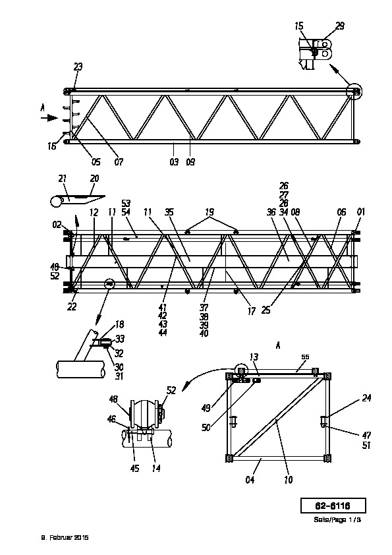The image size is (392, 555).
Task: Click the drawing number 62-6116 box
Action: tap(333, 506)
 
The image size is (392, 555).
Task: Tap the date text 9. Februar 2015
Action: tap(65, 537)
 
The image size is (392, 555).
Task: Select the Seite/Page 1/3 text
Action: tap(337, 519)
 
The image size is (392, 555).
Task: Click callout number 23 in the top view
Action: tap(78, 67)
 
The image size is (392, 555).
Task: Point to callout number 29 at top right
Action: tap(340, 26)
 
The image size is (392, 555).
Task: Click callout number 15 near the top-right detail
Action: tap(299, 26)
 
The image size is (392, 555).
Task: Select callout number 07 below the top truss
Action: tap(119, 161)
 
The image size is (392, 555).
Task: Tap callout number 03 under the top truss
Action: tap(174, 161)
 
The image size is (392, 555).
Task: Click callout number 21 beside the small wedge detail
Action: tap(63, 179)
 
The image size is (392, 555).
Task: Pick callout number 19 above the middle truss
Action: tap(210, 212)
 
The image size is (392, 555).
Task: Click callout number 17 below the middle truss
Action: tap(251, 311)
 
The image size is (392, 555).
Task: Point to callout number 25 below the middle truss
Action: tap(266, 310)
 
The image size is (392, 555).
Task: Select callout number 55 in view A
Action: tap(305, 357)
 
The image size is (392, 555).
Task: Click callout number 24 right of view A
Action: tap(366, 398)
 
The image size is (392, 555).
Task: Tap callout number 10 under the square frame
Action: tap(289, 480)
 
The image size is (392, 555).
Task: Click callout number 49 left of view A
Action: tap(206, 408)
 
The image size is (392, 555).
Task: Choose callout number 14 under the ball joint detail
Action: tap(156, 468)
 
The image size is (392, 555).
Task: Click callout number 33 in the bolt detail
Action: tap(120, 339)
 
